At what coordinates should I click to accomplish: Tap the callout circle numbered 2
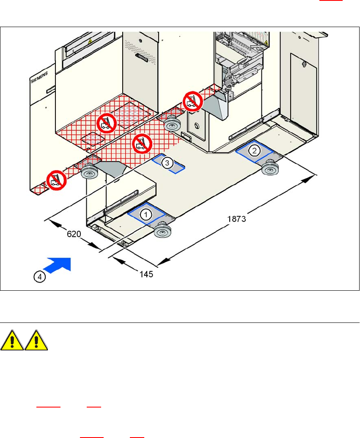pos(254,150)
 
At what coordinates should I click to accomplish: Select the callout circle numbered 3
pos(168,163)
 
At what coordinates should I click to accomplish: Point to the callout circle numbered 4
pos(39,277)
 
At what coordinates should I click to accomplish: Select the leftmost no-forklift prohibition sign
pos(56,180)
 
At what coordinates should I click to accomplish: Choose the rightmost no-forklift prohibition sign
pos(192,102)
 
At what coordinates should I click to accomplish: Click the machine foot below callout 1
pos(162,231)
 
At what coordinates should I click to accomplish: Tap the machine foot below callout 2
pos(270,169)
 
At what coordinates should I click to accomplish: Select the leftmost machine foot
pos(89,173)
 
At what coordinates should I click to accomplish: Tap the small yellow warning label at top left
pos(90,42)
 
